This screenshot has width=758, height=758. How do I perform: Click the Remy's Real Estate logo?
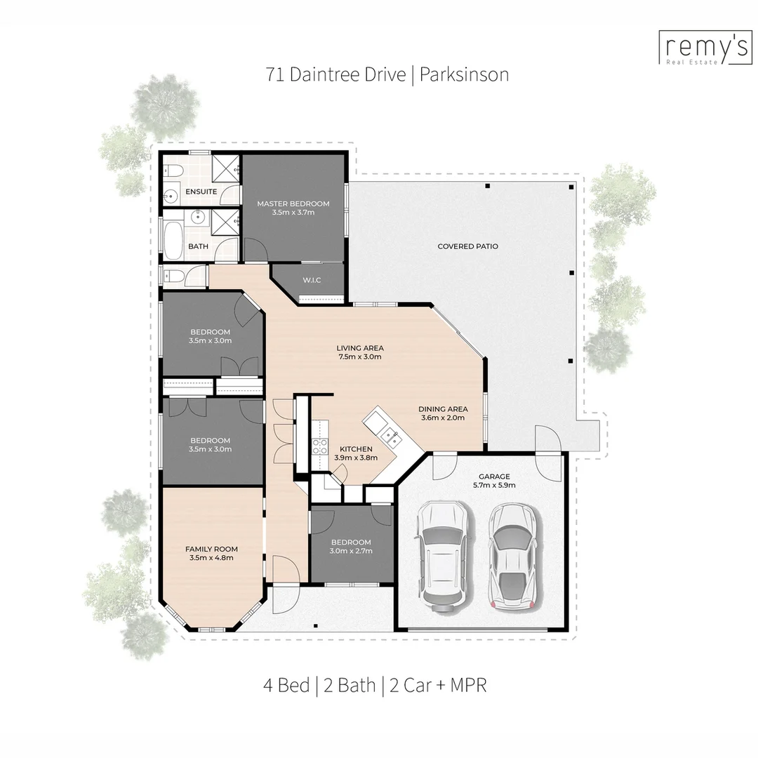point(705,48)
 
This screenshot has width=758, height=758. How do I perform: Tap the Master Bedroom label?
point(293,204)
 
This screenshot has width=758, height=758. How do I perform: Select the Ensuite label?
point(201,192)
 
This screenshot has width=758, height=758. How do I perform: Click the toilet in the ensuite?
point(173,171)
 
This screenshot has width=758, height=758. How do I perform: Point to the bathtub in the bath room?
point(173,240)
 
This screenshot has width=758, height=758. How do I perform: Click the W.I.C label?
point(312,280)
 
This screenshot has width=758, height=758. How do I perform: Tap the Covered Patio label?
point(467,246)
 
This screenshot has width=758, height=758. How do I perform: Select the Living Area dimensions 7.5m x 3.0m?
point(359,357)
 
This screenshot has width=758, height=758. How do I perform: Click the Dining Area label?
point(443,409)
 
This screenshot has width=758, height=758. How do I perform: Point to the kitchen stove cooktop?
point(319,446)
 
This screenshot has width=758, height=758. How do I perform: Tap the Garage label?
point(494,476)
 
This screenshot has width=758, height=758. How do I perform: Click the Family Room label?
point(211,549)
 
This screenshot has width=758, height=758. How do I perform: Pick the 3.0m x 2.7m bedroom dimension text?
point(351,551)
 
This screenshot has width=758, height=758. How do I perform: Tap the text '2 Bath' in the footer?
point(350,685)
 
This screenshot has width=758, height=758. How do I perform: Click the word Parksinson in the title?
point(464,74)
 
